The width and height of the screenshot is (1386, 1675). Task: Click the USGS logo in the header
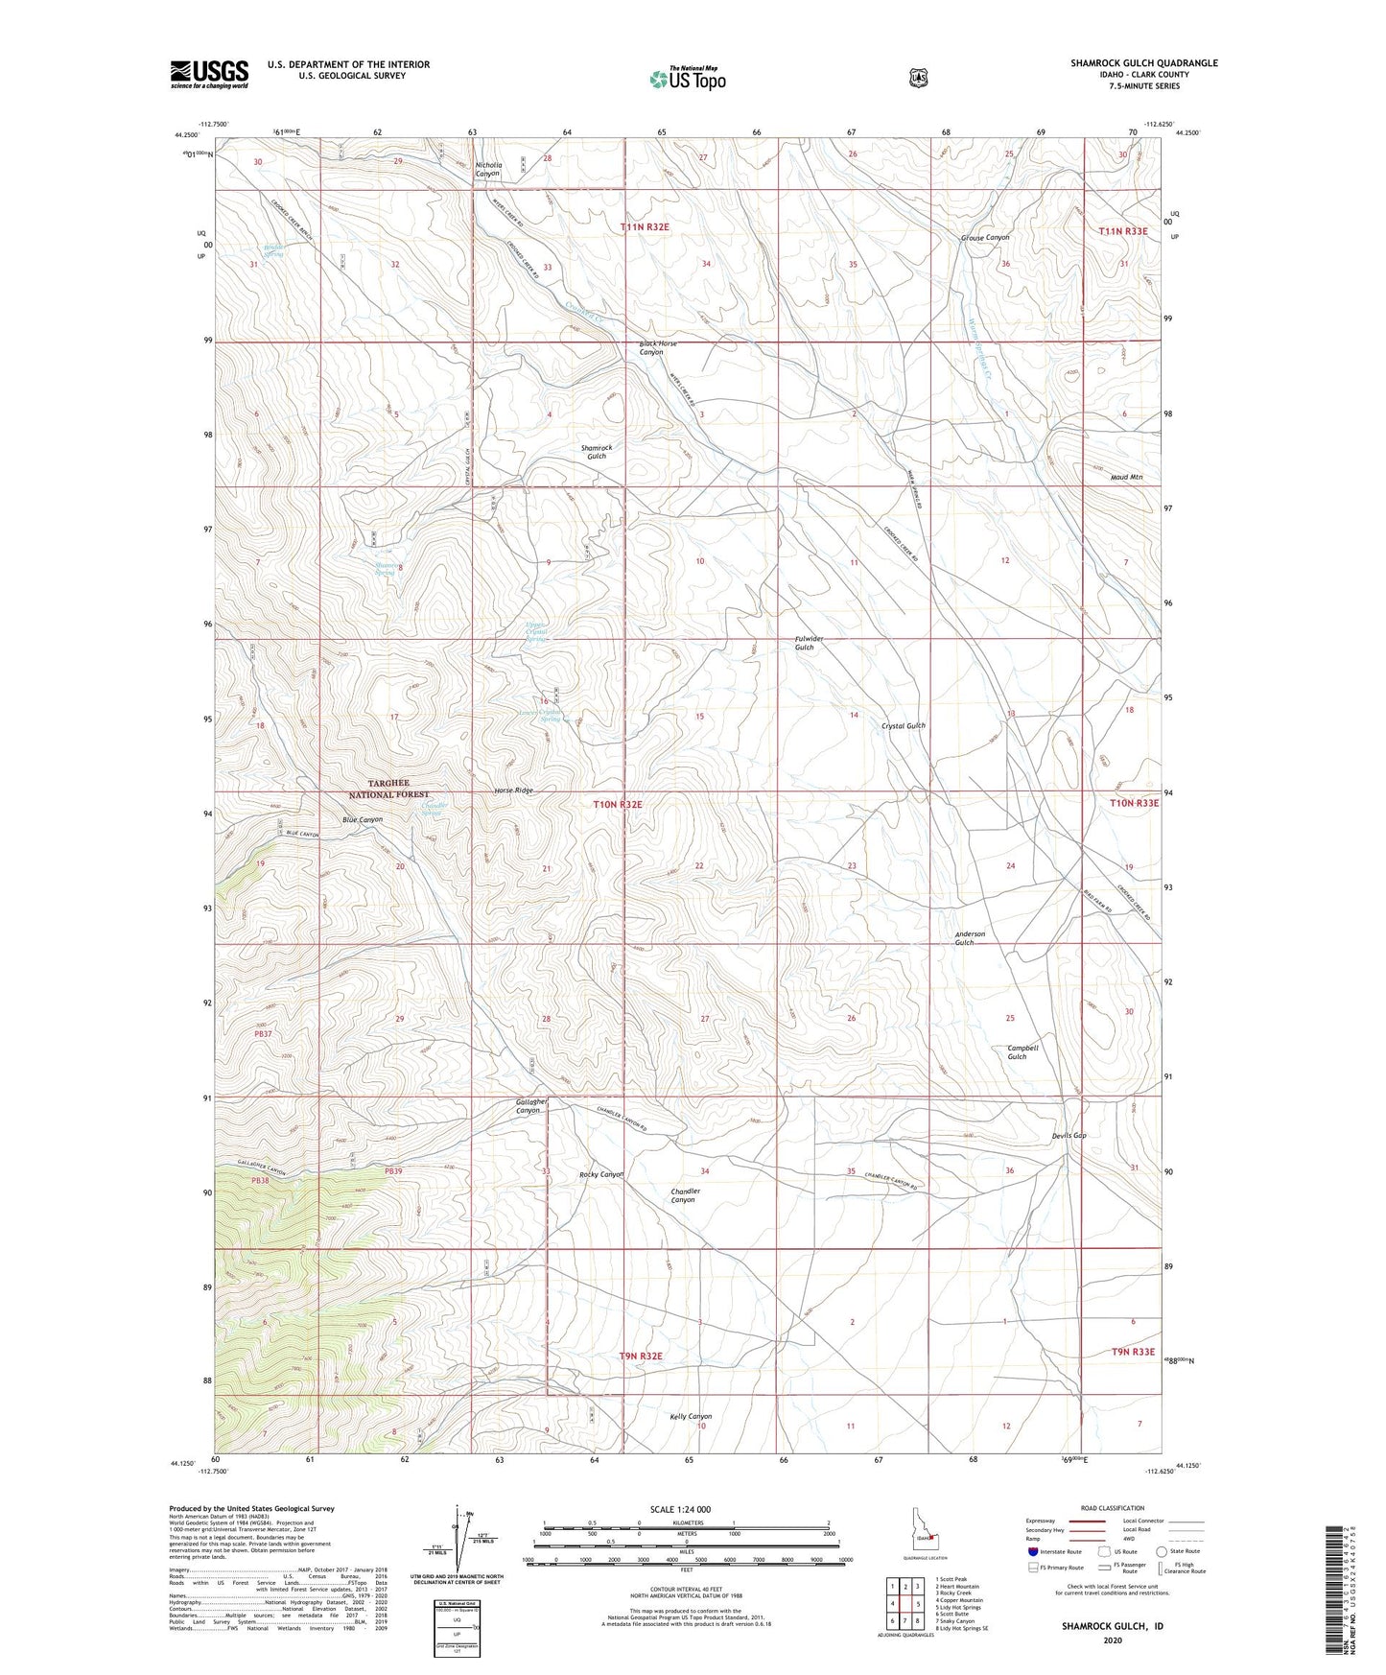tap(209, 74)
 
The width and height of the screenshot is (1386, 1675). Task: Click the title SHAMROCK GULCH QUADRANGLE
tap(1143, 63)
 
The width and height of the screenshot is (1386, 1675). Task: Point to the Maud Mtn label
tap(1126, 477)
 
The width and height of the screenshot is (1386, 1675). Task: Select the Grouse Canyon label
tap(985, 238)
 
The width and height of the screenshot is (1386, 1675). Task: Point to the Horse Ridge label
tap(513, 790)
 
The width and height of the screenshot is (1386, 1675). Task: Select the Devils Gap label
tap(1069, 1136)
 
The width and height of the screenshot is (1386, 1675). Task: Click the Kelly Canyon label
tap(691, 1416)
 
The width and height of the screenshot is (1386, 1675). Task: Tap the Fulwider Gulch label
tap(808, 643)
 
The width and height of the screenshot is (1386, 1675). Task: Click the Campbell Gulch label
tap(1022, 1052)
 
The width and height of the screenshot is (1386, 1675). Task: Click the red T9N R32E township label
tap(641, 1357)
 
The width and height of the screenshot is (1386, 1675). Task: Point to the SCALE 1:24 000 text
tap(680, 1509)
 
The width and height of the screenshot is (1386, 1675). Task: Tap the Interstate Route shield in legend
tap(1032, 1551)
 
